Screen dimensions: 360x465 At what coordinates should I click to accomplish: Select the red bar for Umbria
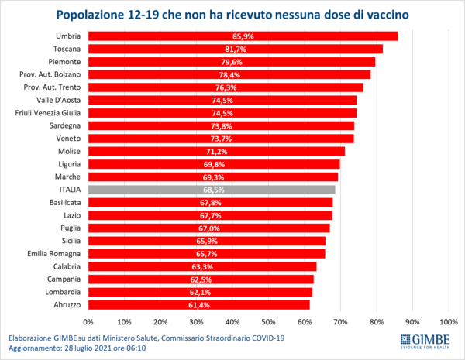coord(243,36)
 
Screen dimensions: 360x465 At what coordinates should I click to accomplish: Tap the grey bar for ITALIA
coord(212,190)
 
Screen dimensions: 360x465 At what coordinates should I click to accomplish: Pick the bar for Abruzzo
coord(198,304)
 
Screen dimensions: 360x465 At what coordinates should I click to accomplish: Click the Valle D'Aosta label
coord(59,100)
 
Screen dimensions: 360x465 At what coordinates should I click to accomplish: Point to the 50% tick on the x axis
coord(269,321)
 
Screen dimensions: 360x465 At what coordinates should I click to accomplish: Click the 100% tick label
coord(448,321)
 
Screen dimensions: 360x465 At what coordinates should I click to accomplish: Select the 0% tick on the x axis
coord(88,321)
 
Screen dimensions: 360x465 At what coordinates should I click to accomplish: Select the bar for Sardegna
coord(221,125)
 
